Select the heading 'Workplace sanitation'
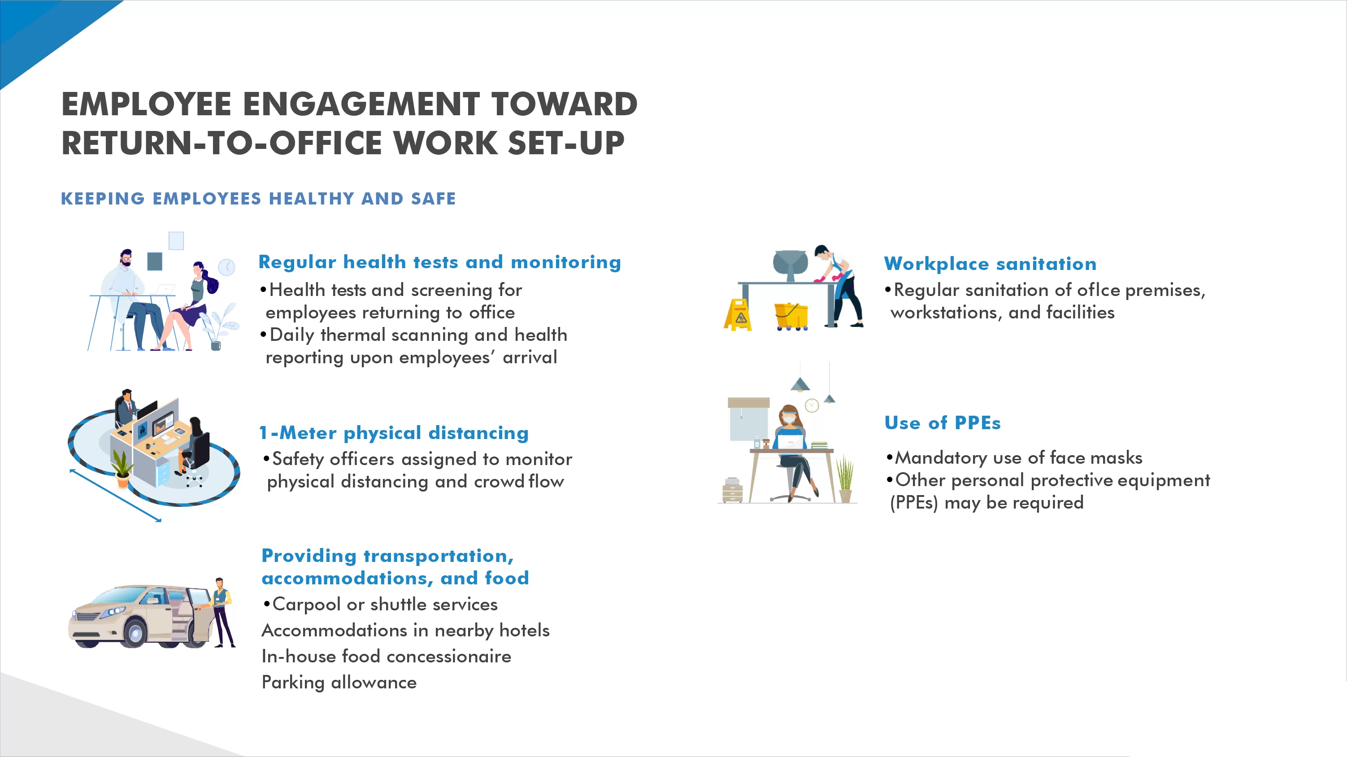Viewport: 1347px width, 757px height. [990, 264]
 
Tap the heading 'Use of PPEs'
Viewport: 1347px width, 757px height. [942, 423]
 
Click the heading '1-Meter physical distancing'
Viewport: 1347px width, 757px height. [394, 433]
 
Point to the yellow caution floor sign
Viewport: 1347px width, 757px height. [738, 315]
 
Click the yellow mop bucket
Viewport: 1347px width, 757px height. [791, 317]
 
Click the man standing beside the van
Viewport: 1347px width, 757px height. [222, 612]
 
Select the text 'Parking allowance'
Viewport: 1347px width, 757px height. [339, 682]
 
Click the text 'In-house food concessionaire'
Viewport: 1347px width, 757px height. [387, 656]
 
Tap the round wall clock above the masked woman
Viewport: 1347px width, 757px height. [812, 405]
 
